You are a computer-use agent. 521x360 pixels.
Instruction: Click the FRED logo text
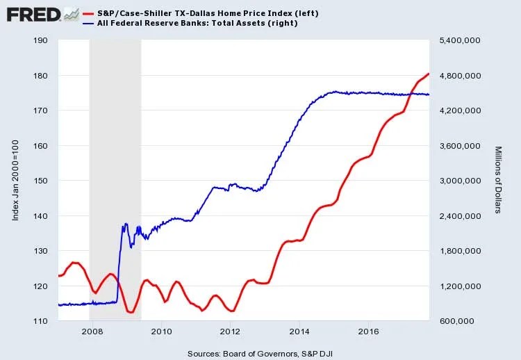click(31, 14)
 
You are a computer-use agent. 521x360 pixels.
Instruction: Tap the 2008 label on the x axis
click(93, 332)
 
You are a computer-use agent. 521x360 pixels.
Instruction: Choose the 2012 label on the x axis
click(231, 332)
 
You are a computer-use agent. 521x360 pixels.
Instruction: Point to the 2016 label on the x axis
click(368, 332)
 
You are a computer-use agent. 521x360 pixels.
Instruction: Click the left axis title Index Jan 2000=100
click(15, 181)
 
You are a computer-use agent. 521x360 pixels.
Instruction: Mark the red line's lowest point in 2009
click(130, 312)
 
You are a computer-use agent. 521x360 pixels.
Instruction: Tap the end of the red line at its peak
click(429, 74)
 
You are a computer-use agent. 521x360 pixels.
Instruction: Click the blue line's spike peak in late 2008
click(126, 224)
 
